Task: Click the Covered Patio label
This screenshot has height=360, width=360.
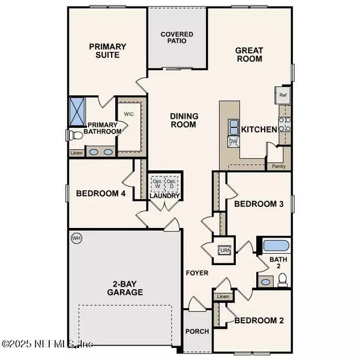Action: [x=177, y=38]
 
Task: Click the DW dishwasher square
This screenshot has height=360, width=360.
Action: [x=233, y=142]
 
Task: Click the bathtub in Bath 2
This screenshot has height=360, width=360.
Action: [x=277, y=245]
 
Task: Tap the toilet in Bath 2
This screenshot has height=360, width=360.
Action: [x=283, y=279]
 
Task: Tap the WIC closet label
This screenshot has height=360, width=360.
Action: [x=128, y=113]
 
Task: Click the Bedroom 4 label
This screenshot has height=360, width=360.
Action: [x=100, y=194]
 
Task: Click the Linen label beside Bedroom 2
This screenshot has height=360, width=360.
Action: [x=223, y=296]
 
